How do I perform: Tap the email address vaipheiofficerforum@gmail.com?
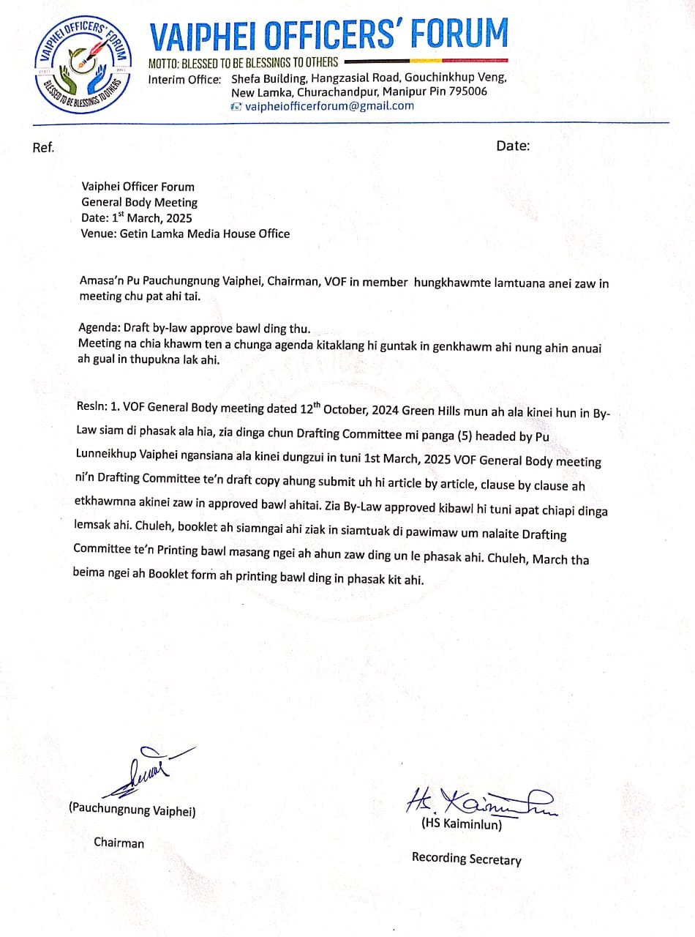pyautogui.click(x=328, y=105)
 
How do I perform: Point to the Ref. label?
pyautogui.click(x=43, y=147)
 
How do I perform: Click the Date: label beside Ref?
pyautogui.click(x=513, y=146)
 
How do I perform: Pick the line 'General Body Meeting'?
pyautogui.click(x=139, y=202)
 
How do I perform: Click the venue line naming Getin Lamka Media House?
pyautogui.click(x=185, y=234)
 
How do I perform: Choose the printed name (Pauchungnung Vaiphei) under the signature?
pyautogui.click(x=132, y=810)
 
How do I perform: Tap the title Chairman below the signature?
pyautogui.click(x=119, y=843)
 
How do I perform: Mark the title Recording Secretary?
pyautogui.click(x=466, y=858)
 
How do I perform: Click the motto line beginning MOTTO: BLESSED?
pyautogui.click(x=243, y=62)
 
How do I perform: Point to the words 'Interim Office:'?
pyautogui.click(x=184, y=79)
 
